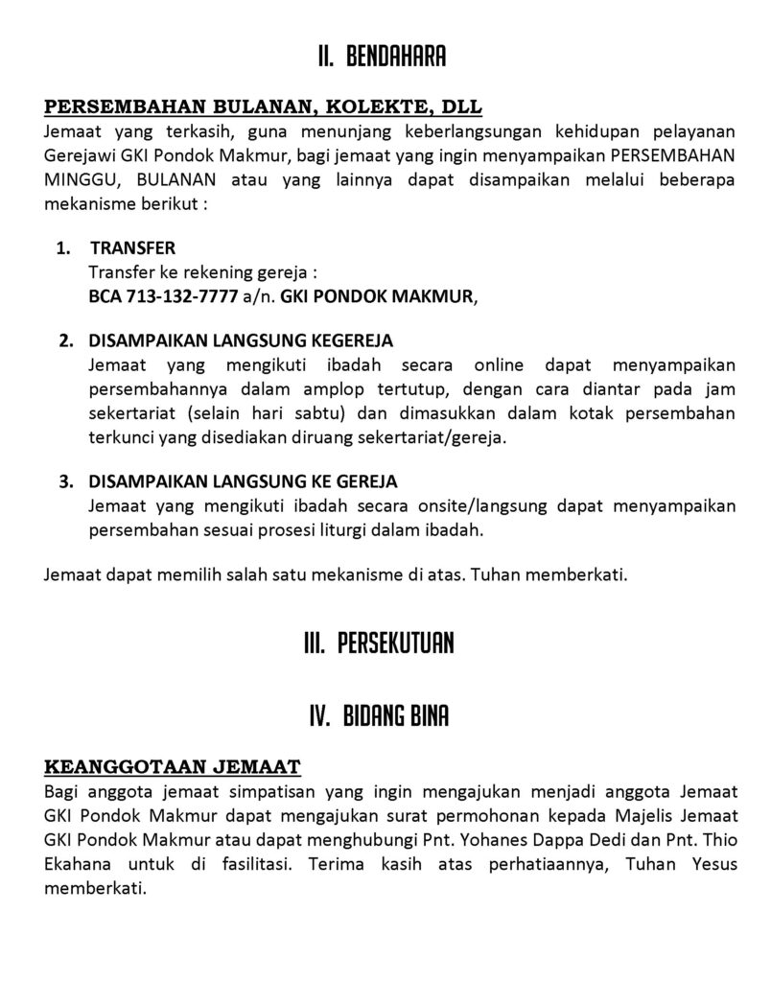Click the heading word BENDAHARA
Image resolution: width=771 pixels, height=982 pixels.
(x=396, y=58)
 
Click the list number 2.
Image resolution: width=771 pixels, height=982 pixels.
(x=65, y=341)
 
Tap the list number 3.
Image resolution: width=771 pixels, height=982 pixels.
(x=65, y=481)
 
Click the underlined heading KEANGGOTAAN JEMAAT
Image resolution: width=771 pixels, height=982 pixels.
(x=174, y=766)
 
